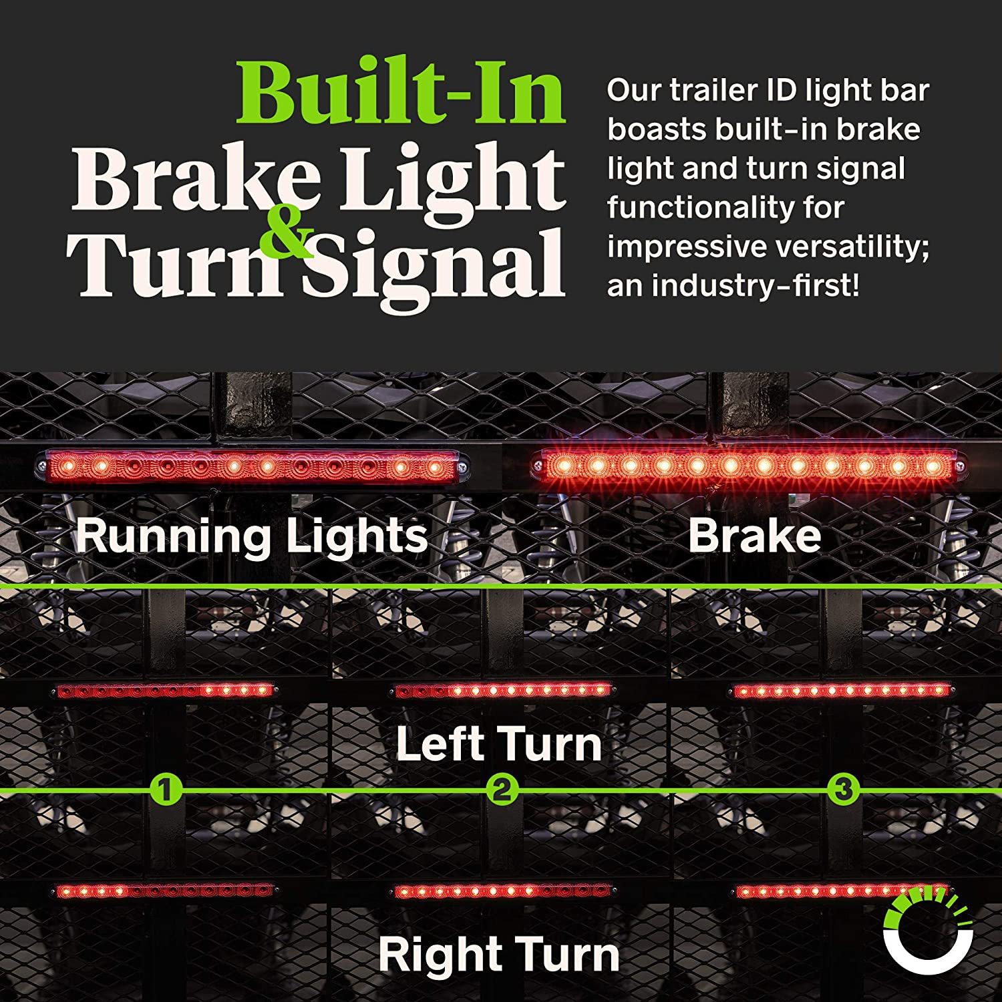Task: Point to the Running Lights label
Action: click(251, 536)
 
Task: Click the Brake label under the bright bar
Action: click(754, 536)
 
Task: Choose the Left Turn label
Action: click(498, 743)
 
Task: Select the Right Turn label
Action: click(498, 954)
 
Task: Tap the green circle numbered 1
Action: click(166, 790)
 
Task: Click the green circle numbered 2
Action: click(502, 790)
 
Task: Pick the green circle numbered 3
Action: click(844, 790)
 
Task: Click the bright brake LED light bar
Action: click(747, 464)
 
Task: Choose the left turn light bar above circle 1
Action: click(164, 690)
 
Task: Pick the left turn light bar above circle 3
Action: click(842, 690)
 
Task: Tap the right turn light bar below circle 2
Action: click(502, 890)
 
